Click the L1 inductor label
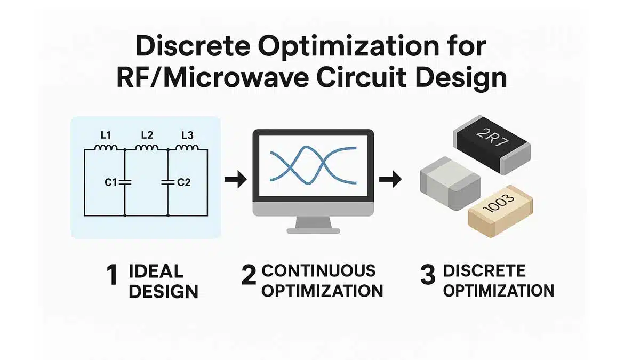106,135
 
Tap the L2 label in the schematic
147,135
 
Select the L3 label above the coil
187,135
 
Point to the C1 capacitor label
110,182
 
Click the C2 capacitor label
183,182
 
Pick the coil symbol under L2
147,147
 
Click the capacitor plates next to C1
125,182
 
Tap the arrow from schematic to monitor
235,179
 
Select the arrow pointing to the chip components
390,179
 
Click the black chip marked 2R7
492,145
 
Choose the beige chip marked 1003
501,211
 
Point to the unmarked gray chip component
450,183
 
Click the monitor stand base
313,230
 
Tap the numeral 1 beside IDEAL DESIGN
112,275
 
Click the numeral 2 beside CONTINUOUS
249,275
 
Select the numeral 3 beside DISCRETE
428,275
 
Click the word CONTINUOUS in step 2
318,270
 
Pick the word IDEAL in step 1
156,271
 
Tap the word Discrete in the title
193,46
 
